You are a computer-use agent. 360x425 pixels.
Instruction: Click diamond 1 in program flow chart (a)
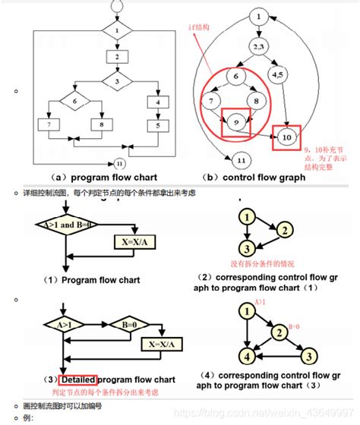point(117,31)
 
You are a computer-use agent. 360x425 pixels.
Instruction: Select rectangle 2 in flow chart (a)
point(117,56)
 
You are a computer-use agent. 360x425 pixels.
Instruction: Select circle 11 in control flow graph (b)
point(242,161)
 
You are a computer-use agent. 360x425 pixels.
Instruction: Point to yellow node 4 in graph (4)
point(245,354)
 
